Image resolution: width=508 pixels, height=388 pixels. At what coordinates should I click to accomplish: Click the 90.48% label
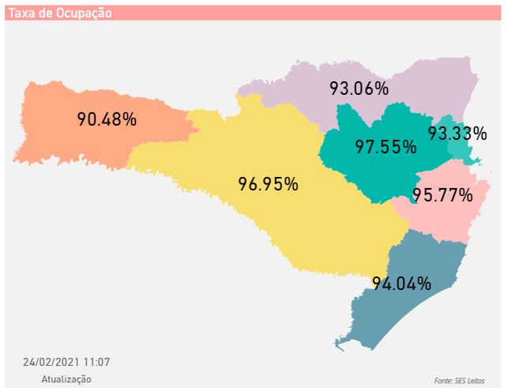pos(107,119)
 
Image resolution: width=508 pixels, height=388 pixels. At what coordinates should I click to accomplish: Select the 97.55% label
pos(386,147)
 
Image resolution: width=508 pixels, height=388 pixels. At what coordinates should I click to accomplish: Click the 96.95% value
pos(269,184)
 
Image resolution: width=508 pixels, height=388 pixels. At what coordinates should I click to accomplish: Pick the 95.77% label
pos(442,194)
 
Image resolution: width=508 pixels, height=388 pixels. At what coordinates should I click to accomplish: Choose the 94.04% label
pos(402,283)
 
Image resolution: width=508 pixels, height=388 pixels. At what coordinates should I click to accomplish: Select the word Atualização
pos(66,379)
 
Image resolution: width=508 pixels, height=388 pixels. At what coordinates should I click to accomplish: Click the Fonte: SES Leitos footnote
pos(459,380)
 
